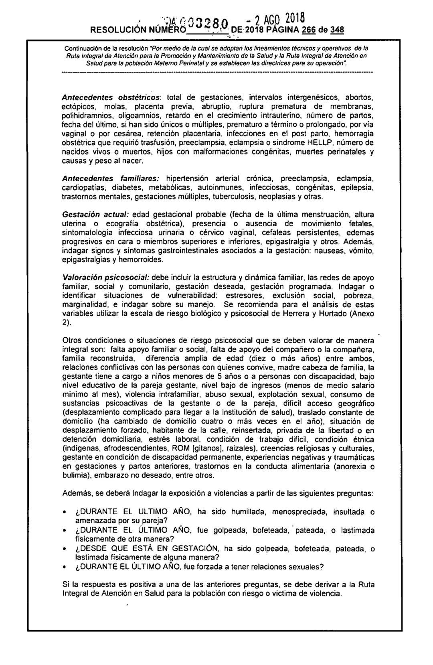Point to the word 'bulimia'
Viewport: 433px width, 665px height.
pyautogui.click(x=75, y=476)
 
